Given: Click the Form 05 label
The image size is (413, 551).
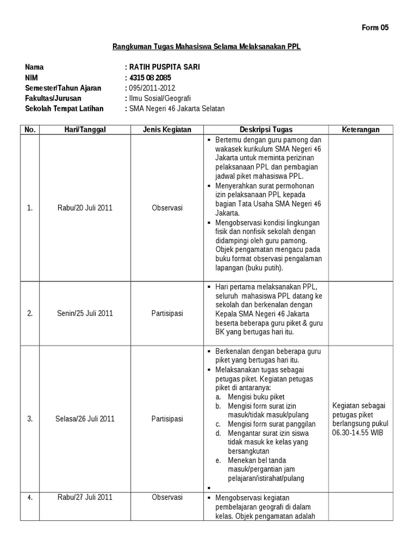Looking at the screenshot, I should click(375, 27).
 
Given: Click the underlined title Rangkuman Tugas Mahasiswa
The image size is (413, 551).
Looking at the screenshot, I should click(206, 47).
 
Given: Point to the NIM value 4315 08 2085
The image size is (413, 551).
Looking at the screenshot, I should click(149, 77).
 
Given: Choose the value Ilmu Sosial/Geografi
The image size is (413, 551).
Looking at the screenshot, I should click(159, 98).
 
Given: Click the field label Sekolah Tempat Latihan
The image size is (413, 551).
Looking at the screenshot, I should click(64, 109).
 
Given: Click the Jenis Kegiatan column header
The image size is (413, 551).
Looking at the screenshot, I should click(167, 130).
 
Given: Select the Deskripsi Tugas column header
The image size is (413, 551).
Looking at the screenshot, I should click(266, 130).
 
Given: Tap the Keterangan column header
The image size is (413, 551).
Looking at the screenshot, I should click(361, 130).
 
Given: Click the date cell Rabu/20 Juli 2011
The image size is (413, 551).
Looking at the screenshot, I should click(85, 208).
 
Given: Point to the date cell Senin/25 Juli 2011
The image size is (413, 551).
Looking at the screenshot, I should click(85, 313).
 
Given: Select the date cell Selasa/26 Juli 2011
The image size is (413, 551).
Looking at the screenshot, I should click(85, 419).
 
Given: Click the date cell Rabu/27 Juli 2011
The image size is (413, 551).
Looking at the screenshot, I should click(85, 497).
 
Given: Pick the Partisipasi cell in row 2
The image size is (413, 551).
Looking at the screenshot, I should click(167, 313).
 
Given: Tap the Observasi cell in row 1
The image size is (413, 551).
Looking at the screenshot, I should click(167, 208).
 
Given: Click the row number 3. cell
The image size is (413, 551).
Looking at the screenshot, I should click(30, 419).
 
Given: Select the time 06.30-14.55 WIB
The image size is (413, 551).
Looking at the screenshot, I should click(358, 432).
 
